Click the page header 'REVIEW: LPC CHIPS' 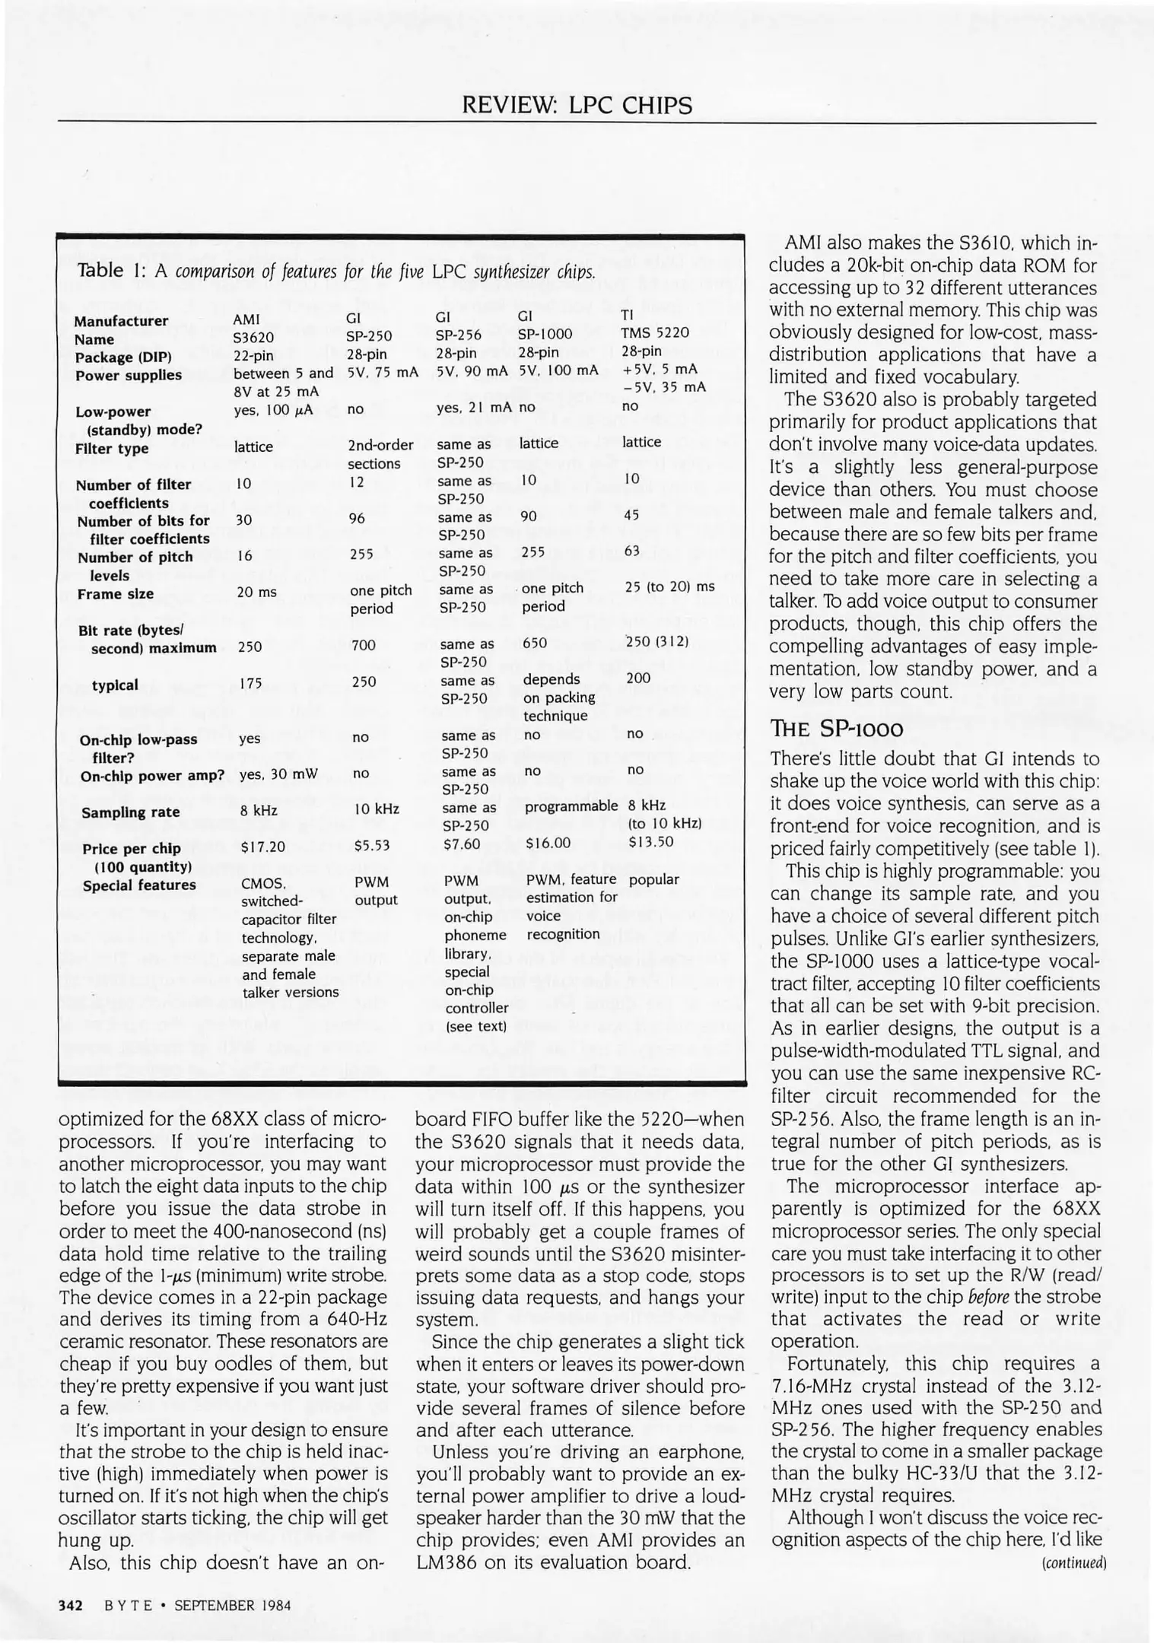click(x=577, y=105)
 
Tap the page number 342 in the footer click(x=71, y=1606)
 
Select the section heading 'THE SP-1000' click(x=837, y=729)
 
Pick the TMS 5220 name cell click(x=655, y=332)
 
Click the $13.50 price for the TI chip click(x=651, y=841)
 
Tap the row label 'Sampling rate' click(x=131, y=812)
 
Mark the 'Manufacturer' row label click(x=121, y=321)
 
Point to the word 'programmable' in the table click(x=571, y=806)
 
